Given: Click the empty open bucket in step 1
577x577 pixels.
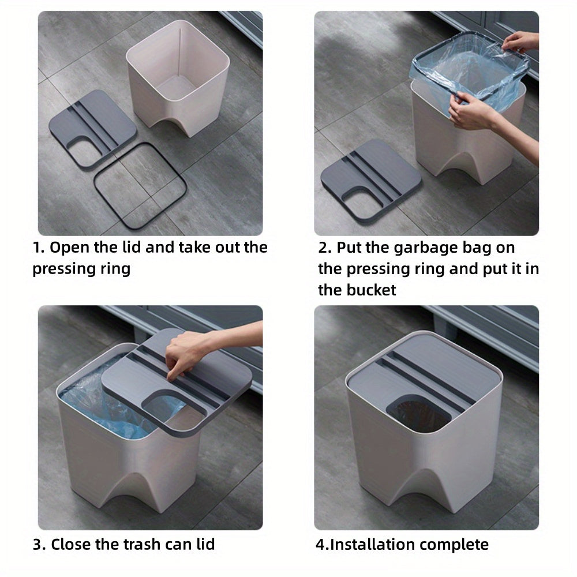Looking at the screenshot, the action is [x=178, y=77].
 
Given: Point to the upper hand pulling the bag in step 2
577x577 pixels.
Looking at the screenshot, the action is [x=521, y=42].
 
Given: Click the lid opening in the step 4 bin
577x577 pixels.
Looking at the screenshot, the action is [x=419, y=413].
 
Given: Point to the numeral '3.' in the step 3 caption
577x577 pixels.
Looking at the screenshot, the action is [x=39, y=545].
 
